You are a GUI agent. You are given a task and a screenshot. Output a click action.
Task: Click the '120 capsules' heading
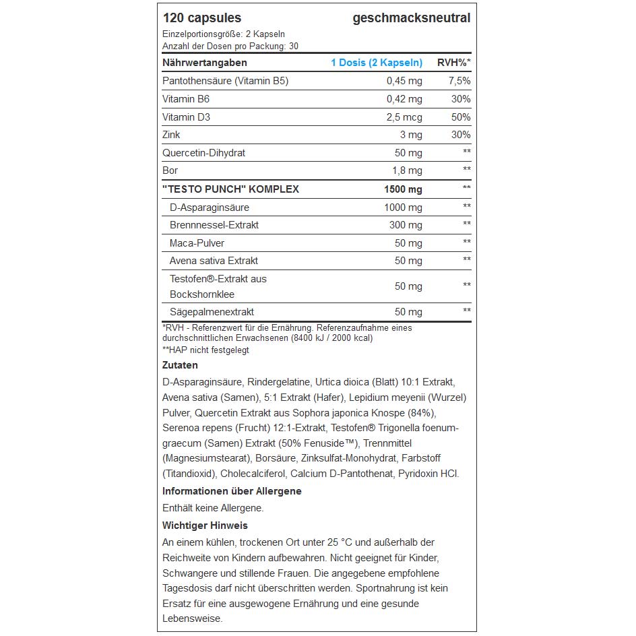click(201, 18)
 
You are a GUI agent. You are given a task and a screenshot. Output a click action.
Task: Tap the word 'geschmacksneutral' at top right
click(411, 18)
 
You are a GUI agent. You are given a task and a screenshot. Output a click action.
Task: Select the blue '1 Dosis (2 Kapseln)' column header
click(376, 63)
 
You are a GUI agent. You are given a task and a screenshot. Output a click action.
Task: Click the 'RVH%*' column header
click(454, 63)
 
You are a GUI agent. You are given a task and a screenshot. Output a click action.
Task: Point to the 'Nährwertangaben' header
click(205, 63)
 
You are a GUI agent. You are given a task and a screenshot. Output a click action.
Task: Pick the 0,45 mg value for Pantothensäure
click(404, 81)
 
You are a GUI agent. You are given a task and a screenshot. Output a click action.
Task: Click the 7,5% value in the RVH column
click(459, 81)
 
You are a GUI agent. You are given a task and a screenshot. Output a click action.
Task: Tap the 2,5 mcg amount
click(404, 117)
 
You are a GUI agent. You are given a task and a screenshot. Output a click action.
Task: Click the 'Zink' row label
click(172, 135)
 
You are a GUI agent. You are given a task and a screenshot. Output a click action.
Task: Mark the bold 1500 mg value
click(403, 189)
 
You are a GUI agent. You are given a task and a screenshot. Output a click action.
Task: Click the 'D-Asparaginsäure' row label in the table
click(209, 207)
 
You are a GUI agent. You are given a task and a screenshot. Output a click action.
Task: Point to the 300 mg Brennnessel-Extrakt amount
click(406, 225)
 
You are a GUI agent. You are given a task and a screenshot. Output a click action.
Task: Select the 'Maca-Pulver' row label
click(197, 243)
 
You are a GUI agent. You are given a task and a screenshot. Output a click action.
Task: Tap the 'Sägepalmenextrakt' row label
click(212, 312)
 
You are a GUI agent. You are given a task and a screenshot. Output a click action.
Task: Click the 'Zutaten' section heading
click(180, 365)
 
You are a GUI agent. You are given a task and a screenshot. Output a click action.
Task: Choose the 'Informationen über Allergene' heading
click(232, 491)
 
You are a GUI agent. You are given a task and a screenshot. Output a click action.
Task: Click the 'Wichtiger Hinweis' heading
click(205, 526)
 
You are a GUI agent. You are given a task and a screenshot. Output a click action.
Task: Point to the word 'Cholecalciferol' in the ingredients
click(253, 474)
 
